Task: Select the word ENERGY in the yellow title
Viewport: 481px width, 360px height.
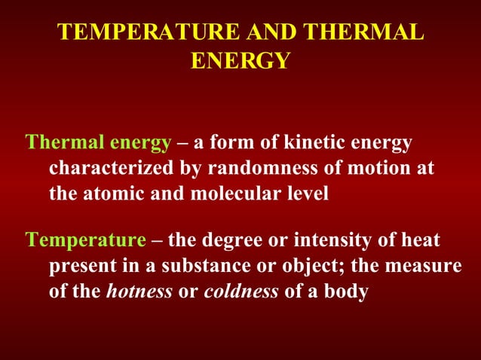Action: [x=240, y=60]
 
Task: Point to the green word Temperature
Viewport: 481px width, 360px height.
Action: [x=85, y=240]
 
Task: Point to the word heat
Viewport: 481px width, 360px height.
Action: [x=421, y=240]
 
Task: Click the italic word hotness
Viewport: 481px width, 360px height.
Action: [x=139, y=291]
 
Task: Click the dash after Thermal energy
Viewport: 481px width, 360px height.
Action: [x=182, y=142]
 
